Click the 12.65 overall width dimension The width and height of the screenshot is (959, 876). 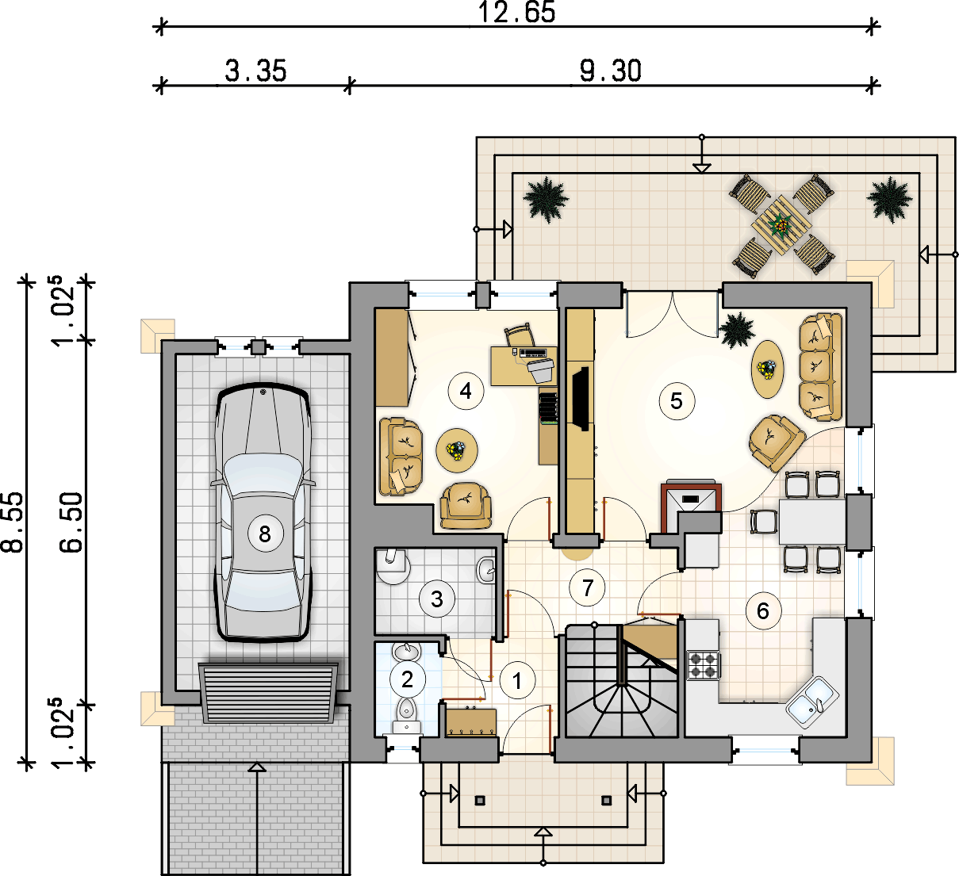point(517,12)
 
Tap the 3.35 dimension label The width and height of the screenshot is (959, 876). point(255,71)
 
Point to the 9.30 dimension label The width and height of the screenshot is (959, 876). point(611,71)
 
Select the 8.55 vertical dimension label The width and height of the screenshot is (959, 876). point(12,522)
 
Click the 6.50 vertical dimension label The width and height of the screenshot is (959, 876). point(71,522)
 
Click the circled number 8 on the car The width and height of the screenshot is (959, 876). point(265,534)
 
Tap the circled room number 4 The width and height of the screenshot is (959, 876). point(466,391)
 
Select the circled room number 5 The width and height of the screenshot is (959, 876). point(677,401)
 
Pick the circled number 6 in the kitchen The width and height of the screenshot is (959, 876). point(763,610)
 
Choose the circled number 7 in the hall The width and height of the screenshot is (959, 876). point(588,587)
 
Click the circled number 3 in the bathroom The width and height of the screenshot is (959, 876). point(437,599)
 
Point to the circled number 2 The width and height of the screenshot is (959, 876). point(407,679)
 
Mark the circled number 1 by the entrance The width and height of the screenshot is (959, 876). point(517,680)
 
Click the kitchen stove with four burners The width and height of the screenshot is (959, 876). point(704,665)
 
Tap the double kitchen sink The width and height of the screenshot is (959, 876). point(812,702)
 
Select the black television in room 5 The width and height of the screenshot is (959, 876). point(581,399)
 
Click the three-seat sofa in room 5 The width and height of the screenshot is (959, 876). point(820,366)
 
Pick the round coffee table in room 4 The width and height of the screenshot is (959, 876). point(457,450)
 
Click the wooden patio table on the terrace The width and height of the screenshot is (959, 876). point(781,225)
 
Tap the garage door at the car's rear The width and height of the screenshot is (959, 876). point(268,693)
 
